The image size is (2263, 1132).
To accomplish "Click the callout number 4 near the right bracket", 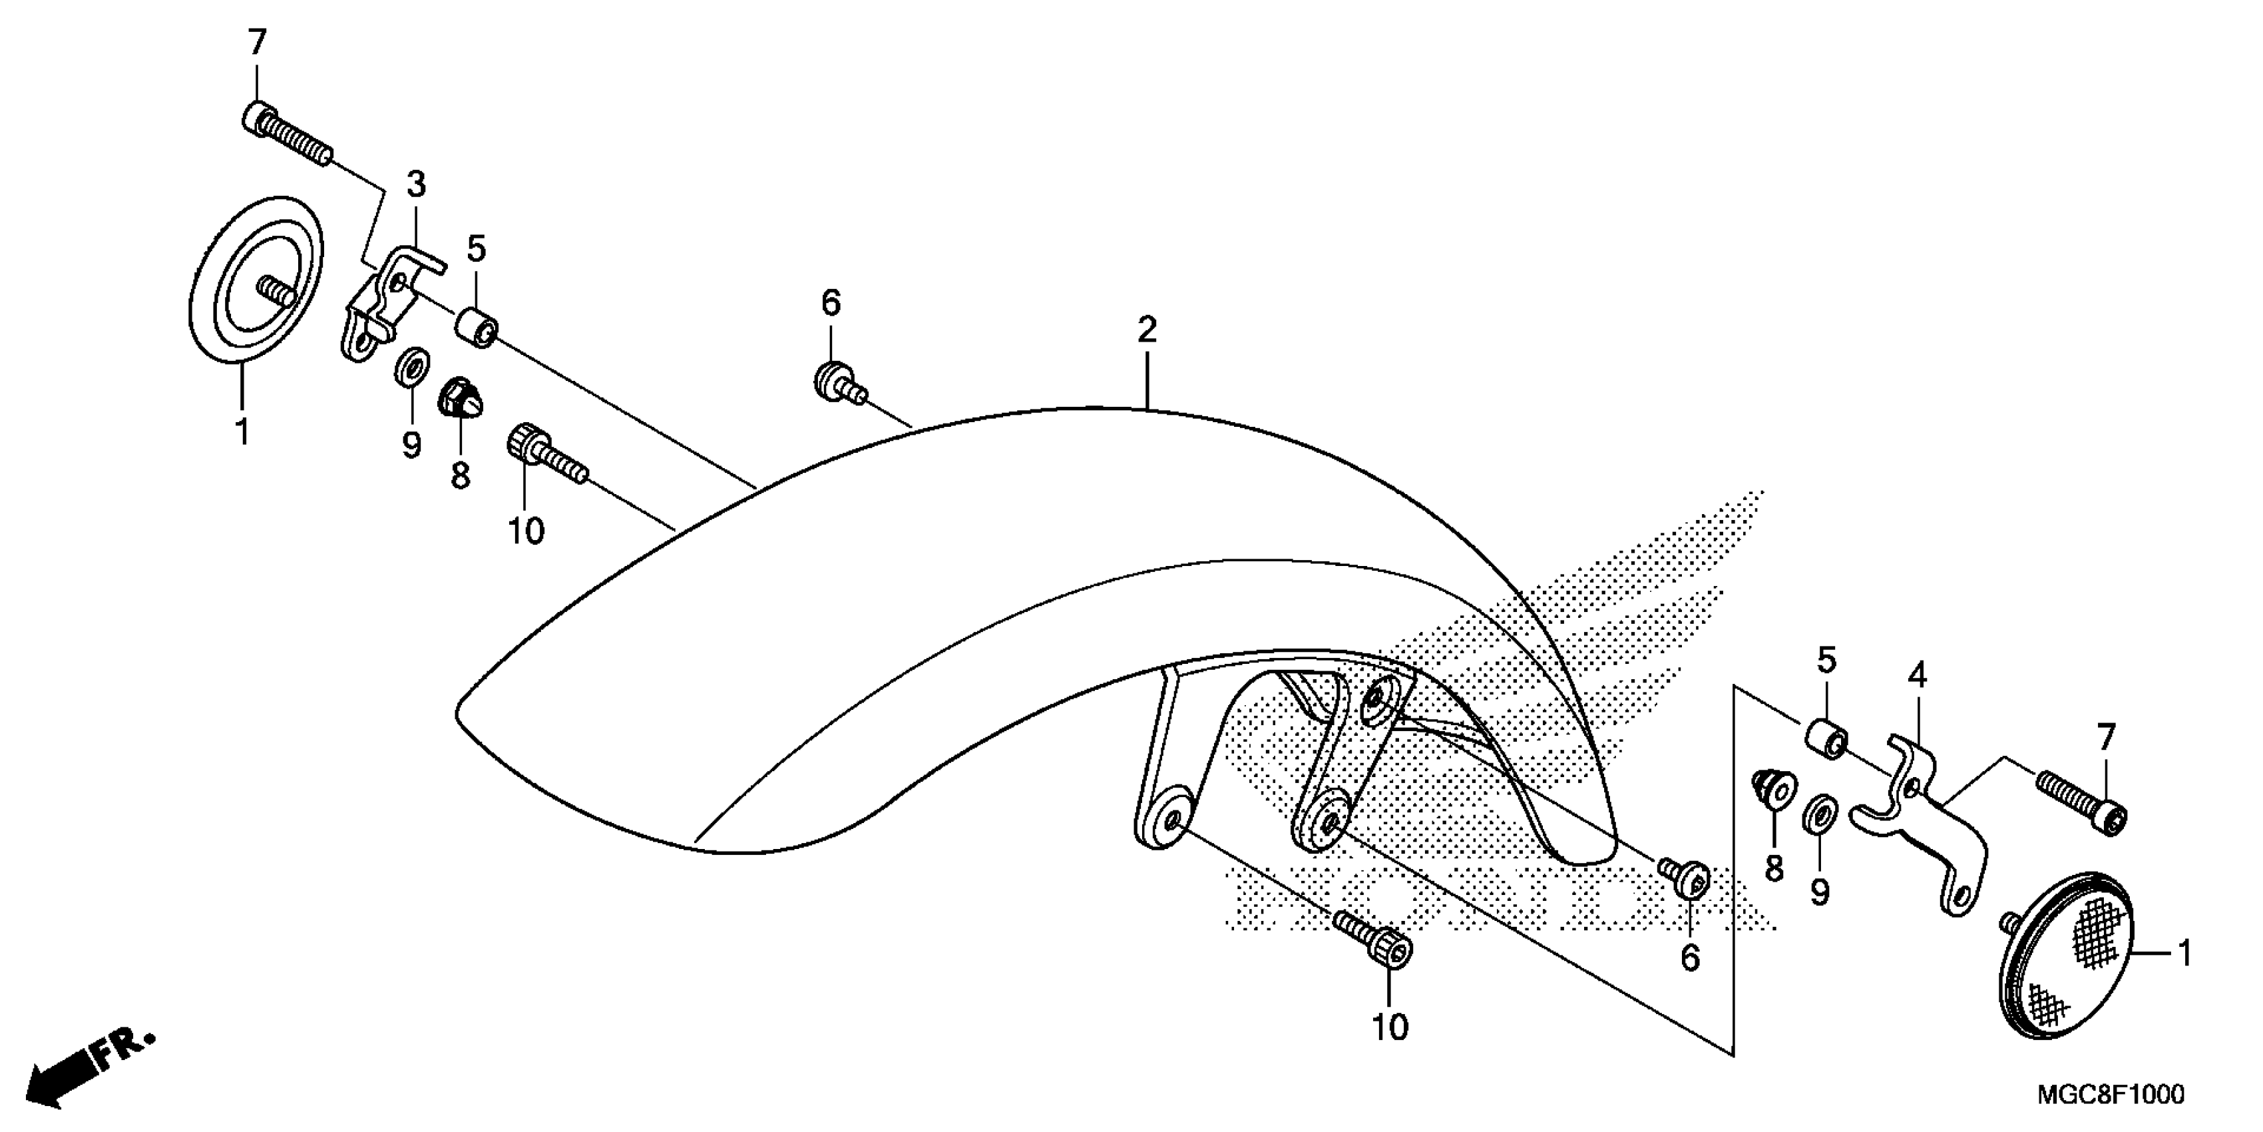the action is pyautogui.click(x=1917, y=676).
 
